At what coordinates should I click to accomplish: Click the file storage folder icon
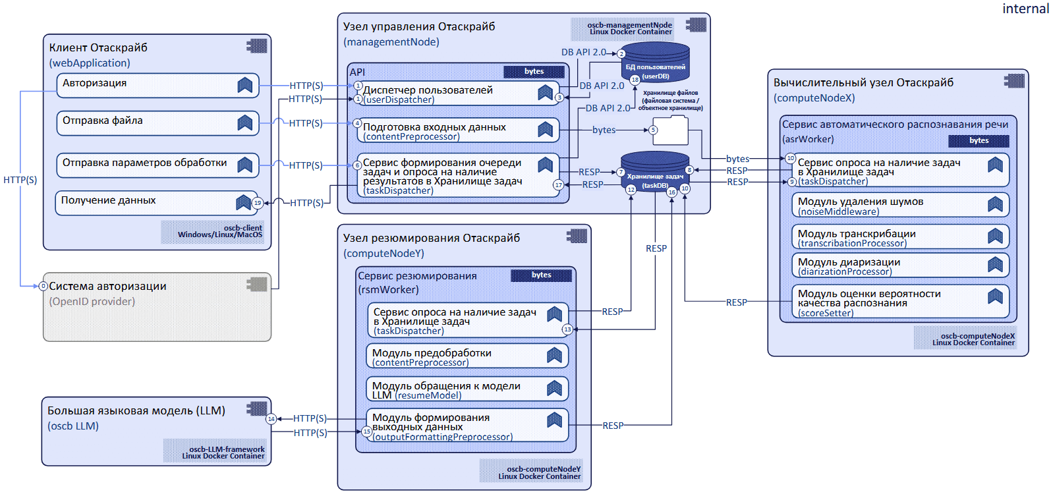tap(671, 130)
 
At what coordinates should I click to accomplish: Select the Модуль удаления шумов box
tap(899, 206)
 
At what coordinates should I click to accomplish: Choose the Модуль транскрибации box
tap(899, 237)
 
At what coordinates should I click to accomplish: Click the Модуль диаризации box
tap(899, 266)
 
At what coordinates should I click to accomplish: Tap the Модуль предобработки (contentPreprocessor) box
tap(467, 356)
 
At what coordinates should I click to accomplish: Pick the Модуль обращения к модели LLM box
tap(467, 389)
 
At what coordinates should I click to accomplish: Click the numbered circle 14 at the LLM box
tap(271, 419)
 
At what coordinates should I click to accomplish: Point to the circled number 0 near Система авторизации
tap(43, 286)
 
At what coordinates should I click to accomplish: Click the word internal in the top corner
tap(1025, 9)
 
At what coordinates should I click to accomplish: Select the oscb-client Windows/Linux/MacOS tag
tap(213, 232)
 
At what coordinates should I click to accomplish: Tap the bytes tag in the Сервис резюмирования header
tap(541, 275)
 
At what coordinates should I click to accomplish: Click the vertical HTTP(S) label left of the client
tap(20, 180)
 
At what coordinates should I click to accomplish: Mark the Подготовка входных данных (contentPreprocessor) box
tap(459, 130)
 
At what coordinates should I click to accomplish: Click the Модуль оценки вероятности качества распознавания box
tap(899, 302)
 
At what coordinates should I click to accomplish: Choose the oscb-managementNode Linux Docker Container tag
tap(623, 29)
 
